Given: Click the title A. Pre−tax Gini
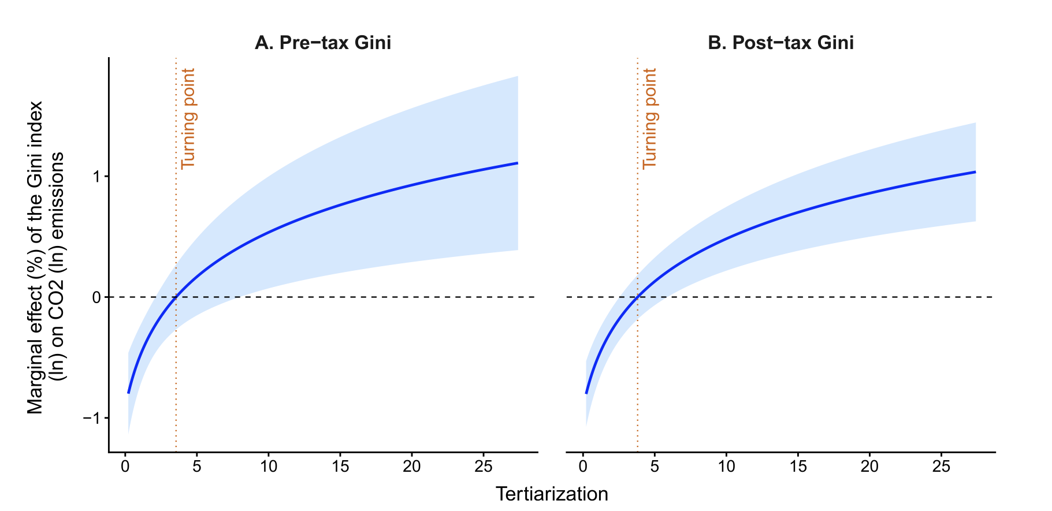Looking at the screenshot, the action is [x=323, y=43].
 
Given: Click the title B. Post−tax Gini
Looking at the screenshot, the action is [x=780, y=43].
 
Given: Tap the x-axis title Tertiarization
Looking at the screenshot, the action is [x=552, y=494].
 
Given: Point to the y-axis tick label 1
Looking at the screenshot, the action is [x=96, y=176].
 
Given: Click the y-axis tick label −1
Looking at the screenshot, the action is [x=92, y=418].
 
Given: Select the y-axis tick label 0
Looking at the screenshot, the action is [x=96, y=297].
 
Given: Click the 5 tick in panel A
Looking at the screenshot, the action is [x=197, y=467].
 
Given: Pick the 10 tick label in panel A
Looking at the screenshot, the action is [x=269, y=467].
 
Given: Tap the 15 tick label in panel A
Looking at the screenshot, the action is [x=340, y=467].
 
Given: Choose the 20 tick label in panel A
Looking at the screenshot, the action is [x=412, y=467].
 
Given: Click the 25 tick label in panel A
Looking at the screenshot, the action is [x=484, y=467].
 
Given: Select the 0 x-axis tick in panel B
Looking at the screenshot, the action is [x=583, y=467].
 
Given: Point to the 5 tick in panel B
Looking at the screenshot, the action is [x=655, y=467].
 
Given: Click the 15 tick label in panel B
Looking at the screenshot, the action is [x=798, y=467].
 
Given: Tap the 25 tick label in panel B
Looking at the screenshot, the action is [x=941, y=467].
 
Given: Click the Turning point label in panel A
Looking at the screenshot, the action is [x=188, y=119].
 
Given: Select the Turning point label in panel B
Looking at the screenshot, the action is [x=650, y=119].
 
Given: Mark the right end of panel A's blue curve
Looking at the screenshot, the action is [x=518, y=163].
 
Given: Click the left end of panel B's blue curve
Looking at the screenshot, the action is [x=586, y=393].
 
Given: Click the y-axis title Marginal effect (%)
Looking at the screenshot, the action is [x=36, y=258].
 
